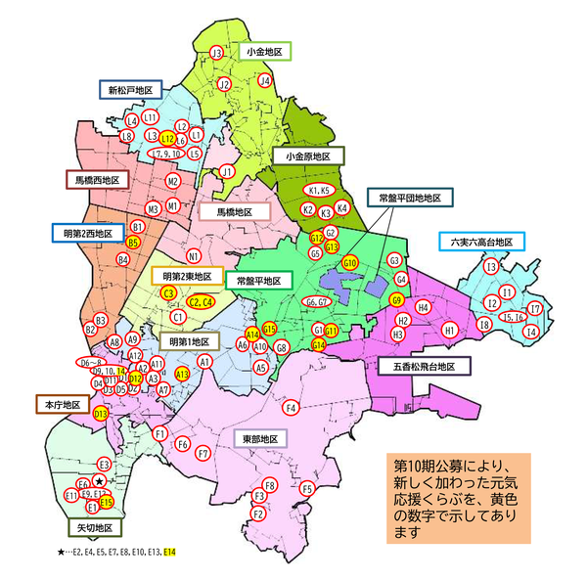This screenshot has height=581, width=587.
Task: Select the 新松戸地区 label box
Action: click(x=131, y=90)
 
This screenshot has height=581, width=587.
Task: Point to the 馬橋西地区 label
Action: click(x=98, y=181)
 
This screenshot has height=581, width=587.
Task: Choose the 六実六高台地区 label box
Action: click(x=483, y=242)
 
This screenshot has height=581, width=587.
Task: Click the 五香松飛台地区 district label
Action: click(x=425, y=367)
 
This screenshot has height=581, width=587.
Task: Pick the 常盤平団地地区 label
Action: click(x=410, y=198)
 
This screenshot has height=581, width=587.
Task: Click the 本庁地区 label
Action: click(x=64, y=403)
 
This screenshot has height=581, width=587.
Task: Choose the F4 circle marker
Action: click(x=291, y=407)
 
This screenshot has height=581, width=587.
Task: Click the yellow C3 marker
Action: click(x=168, y=292)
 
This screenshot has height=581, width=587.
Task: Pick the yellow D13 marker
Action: click(x=100, y=415)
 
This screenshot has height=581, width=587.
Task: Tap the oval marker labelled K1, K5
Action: click(x=320, y=190)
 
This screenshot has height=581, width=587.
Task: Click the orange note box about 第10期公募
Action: click(x=458, y=497)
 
